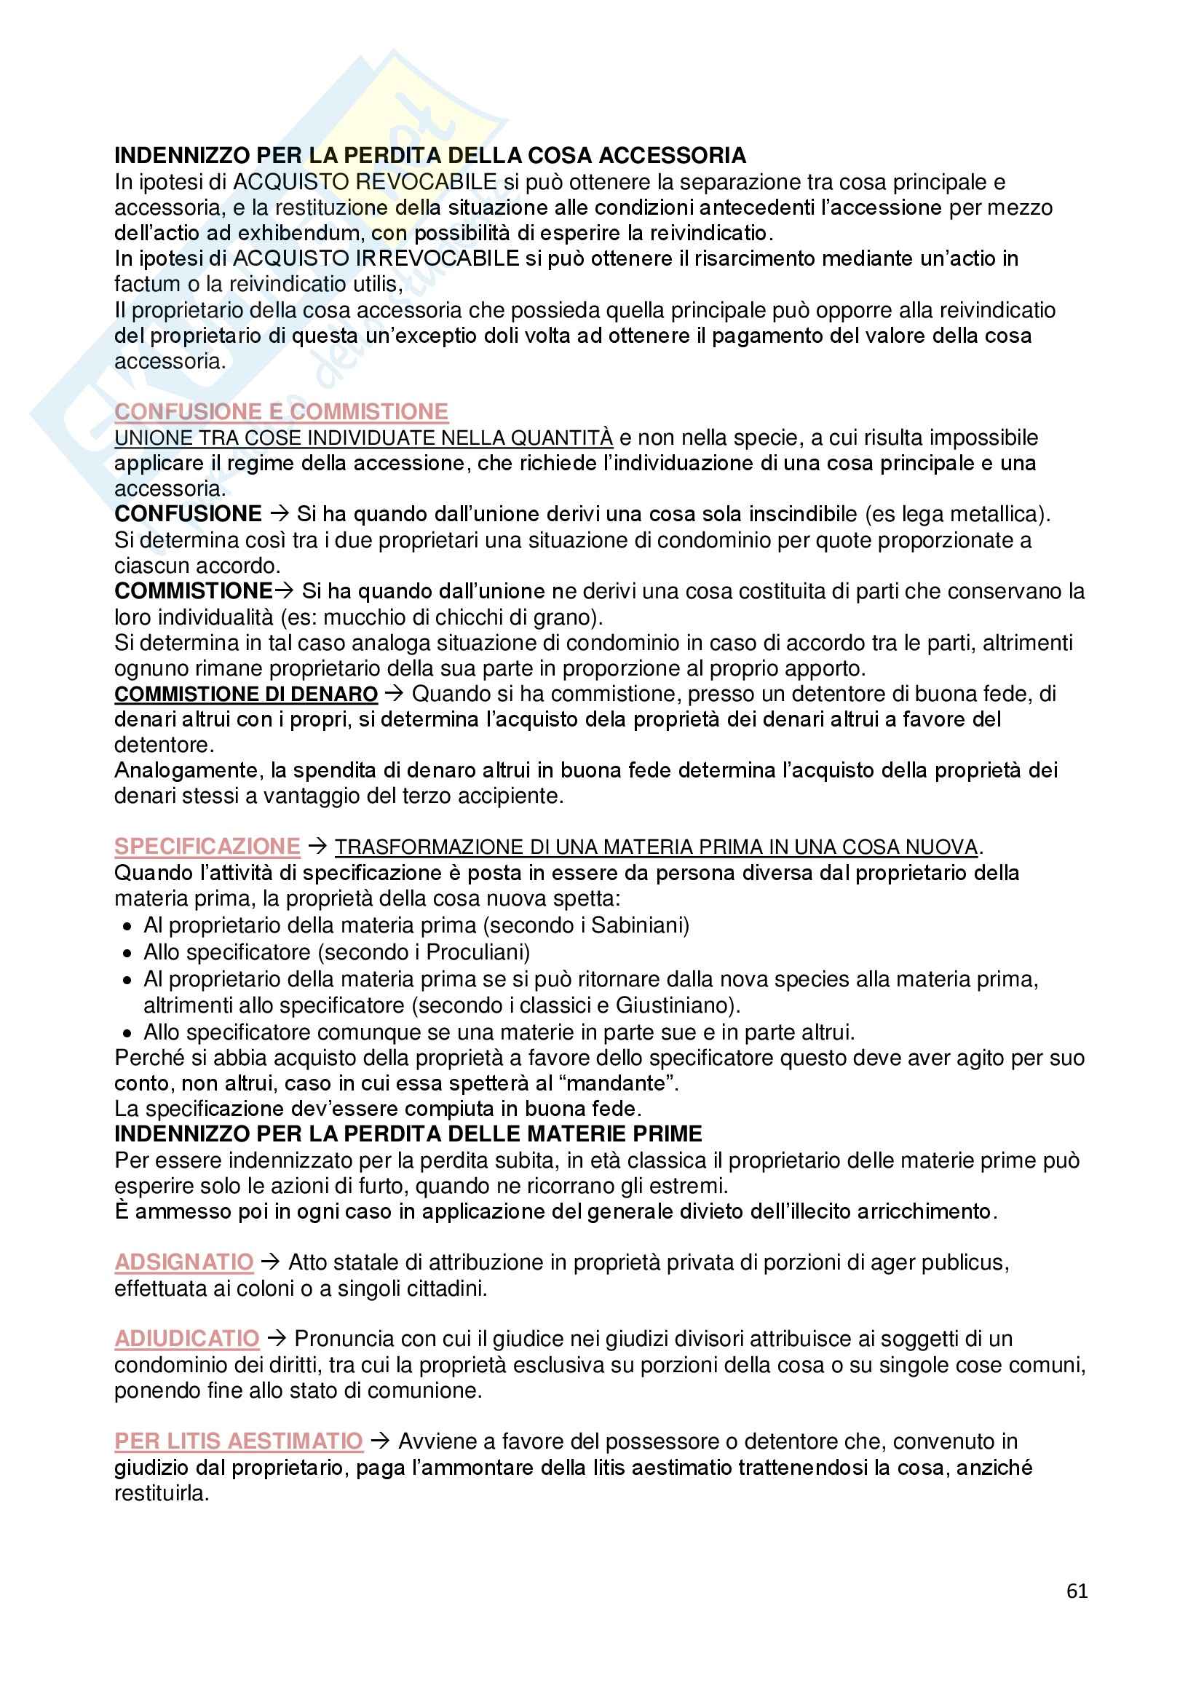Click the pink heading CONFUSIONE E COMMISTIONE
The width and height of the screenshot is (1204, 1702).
point(281,411)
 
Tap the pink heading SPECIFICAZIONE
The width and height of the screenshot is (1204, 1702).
point(207,846)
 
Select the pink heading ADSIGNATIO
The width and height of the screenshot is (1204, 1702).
point(184,1262)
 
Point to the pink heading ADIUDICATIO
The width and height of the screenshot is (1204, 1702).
point(187,1338)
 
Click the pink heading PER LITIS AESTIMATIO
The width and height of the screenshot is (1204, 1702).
point(238,1441)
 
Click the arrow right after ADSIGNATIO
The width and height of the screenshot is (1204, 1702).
point(272,1262)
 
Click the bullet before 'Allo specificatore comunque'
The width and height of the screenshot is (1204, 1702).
point(127,1034)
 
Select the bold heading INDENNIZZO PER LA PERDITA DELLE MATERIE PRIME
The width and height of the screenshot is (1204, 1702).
point(408,1134)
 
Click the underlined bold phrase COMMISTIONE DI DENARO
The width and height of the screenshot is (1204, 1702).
point(246,694)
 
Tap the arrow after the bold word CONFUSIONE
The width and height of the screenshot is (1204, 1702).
point(280,514)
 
